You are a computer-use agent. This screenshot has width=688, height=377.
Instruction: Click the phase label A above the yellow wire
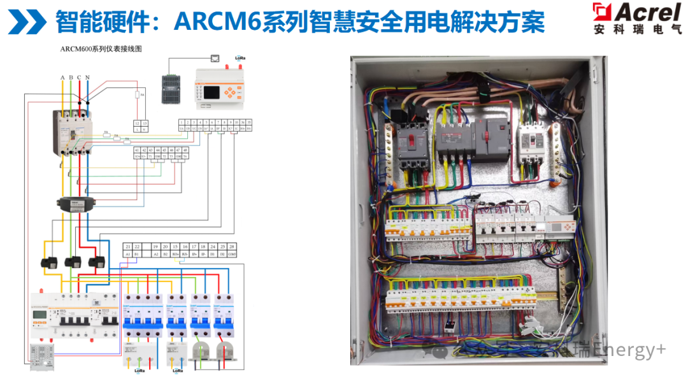click(62, 78)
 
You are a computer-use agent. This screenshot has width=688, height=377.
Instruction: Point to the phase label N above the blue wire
click(87, 78)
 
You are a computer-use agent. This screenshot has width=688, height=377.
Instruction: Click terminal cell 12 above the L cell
click(136, 123)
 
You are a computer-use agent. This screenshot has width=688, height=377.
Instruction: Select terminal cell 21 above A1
click(127, 246)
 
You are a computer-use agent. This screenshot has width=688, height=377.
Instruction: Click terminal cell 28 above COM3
click(232, 246)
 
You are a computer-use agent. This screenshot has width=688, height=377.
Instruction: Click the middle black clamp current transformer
click(73, 262)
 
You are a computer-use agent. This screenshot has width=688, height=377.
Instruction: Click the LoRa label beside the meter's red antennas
click(240, 58)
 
